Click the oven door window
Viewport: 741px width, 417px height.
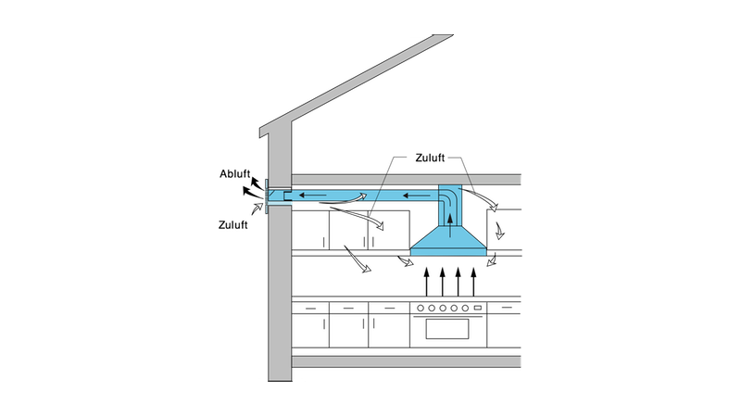coord(448,329)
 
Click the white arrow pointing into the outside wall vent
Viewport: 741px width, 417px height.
coord(256,212)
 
